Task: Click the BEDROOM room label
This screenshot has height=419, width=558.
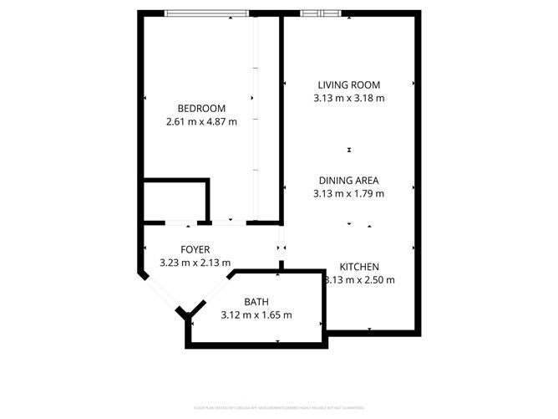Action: click(201, 108)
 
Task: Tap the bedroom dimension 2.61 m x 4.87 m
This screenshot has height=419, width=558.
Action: click(201, 121)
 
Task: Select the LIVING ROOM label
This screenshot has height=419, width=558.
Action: click(348, 84)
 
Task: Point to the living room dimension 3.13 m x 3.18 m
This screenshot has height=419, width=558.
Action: click(348, 98)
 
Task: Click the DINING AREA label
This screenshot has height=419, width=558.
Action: click(348, 180)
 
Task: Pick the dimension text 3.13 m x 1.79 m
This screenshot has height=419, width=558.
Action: click(348, 193)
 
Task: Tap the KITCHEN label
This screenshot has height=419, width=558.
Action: click(359, 266)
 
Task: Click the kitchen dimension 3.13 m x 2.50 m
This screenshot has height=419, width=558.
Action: click(360, 279)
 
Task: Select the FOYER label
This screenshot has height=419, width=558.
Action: click(195, 249)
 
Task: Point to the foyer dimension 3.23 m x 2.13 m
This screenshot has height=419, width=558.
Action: click(195, 263)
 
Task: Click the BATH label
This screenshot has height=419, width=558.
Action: click(256, 302)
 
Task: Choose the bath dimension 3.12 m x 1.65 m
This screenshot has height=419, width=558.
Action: click(256, 315)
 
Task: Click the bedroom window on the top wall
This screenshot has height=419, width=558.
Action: click(206, 13)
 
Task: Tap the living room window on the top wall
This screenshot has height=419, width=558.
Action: click(321, 13)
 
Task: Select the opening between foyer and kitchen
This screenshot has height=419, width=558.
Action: click(282, 248)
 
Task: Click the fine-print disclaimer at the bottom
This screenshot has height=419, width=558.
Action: click(279, 407)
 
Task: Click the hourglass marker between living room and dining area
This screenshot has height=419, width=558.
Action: click(349, 150)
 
